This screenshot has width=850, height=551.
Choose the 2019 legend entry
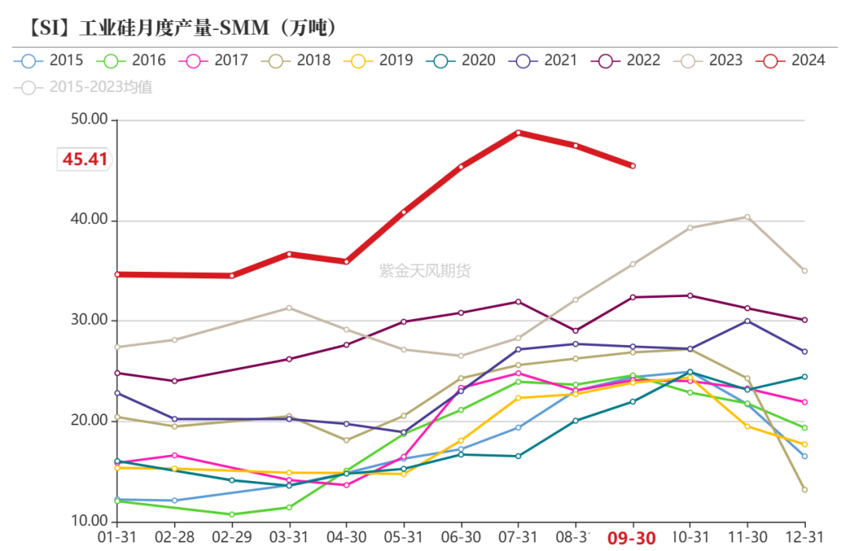tap(381, 60)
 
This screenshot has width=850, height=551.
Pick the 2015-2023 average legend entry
tap(87, 86)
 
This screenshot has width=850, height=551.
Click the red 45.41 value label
tap(85, 159)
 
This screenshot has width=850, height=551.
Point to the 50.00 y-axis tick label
tap(87, 120)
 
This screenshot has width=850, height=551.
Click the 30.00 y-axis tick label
tap(87, 321)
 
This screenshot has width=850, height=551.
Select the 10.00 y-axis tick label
tap(87, 521)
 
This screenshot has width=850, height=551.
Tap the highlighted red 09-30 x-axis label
tap(632, 538)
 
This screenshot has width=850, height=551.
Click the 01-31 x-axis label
tap(116, 538)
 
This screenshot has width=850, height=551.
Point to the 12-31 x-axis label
tap(804, 538)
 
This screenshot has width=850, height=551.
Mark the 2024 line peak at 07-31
tap(518, 132)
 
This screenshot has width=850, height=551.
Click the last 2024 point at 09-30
tap(633, 166)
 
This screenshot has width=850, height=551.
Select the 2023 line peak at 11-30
tap(748, 217)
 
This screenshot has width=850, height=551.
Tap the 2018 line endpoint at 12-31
tap(804, 490)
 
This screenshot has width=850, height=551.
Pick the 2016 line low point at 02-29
tap(231, 514)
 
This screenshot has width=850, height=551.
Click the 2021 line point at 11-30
tap(748, 321)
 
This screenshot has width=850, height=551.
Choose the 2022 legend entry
tap(629, 60)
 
